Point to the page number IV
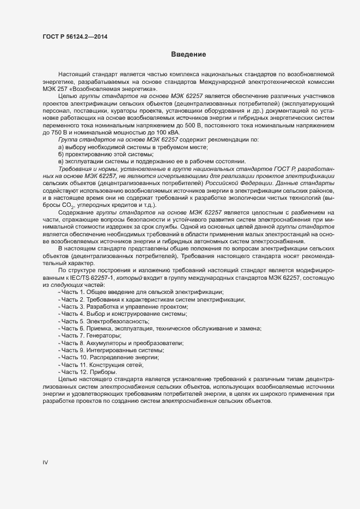46,462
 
